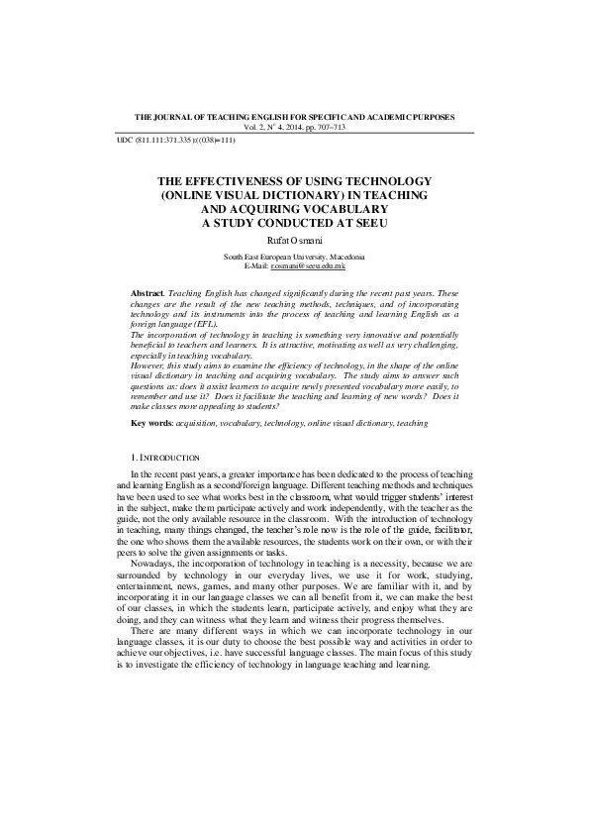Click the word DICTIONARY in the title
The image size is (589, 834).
click(309, 196)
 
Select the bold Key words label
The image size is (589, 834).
click(151, 423)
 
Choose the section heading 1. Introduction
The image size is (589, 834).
click(165, 458)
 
